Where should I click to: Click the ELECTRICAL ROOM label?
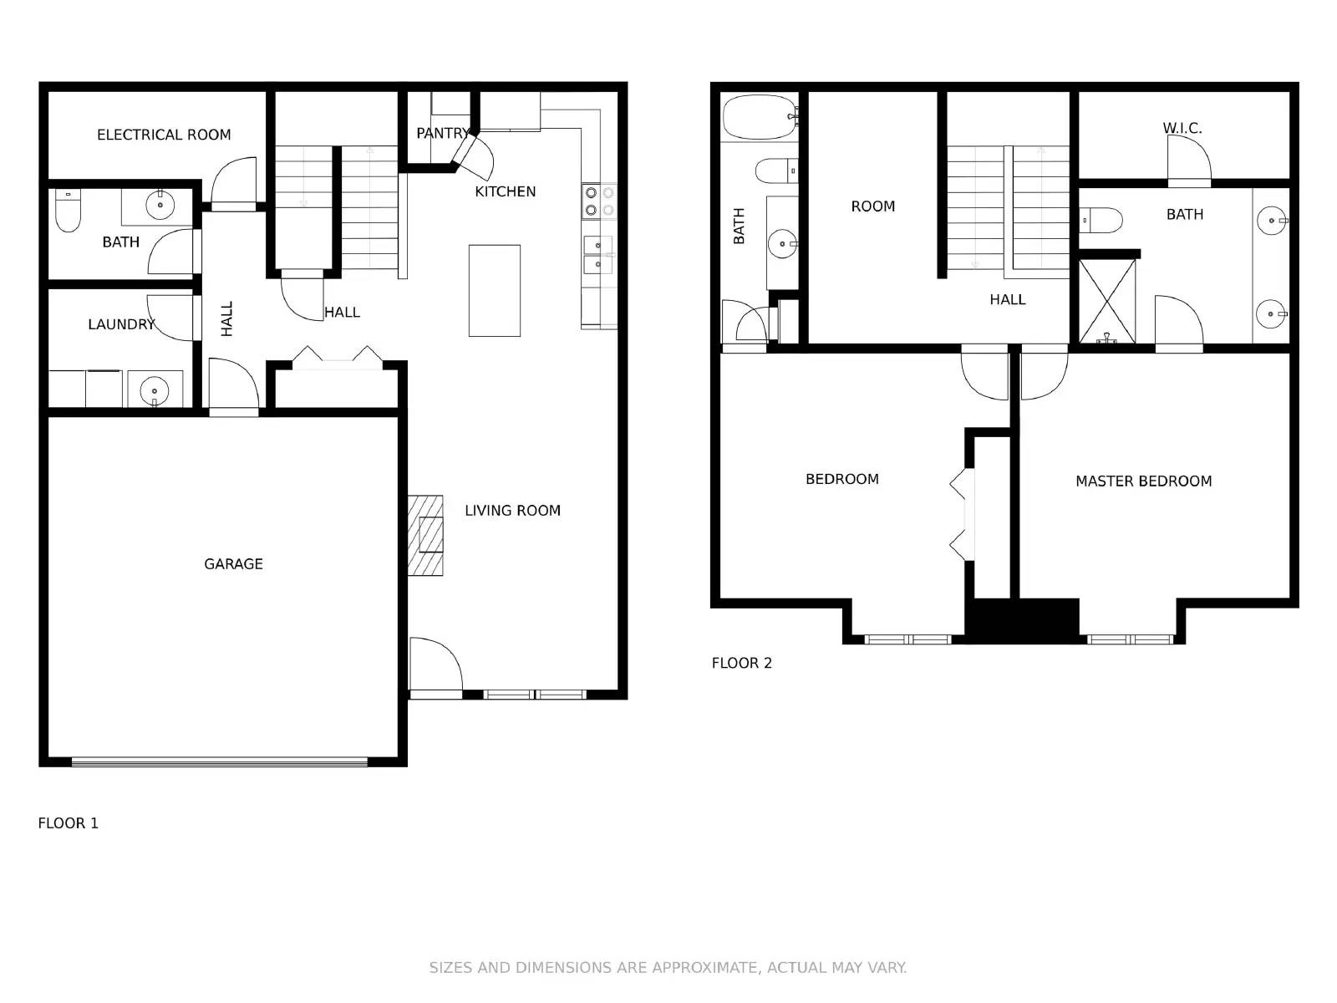pos(164,135)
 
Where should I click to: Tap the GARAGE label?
pos(233,564)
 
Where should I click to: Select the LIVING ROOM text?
pos(512,511)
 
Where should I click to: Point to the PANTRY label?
pos(443,133)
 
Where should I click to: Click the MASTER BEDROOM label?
pos(1143,481)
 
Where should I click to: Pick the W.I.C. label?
pos(1182,128)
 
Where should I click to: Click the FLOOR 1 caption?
pos(69,823)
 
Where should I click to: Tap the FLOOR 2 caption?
pos(742,663)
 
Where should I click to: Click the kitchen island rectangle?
pos(494,291)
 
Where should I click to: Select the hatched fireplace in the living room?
pos(425,535)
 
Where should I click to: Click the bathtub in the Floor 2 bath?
pos(760,117)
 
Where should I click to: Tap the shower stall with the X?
pos(1107,302)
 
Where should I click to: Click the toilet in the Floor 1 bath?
pos(68,211)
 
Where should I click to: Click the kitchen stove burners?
pos(599,201)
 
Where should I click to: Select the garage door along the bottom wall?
pos(219,761)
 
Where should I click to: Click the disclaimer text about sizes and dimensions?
pos(668,967)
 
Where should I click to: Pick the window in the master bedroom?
pos(1131,639)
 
